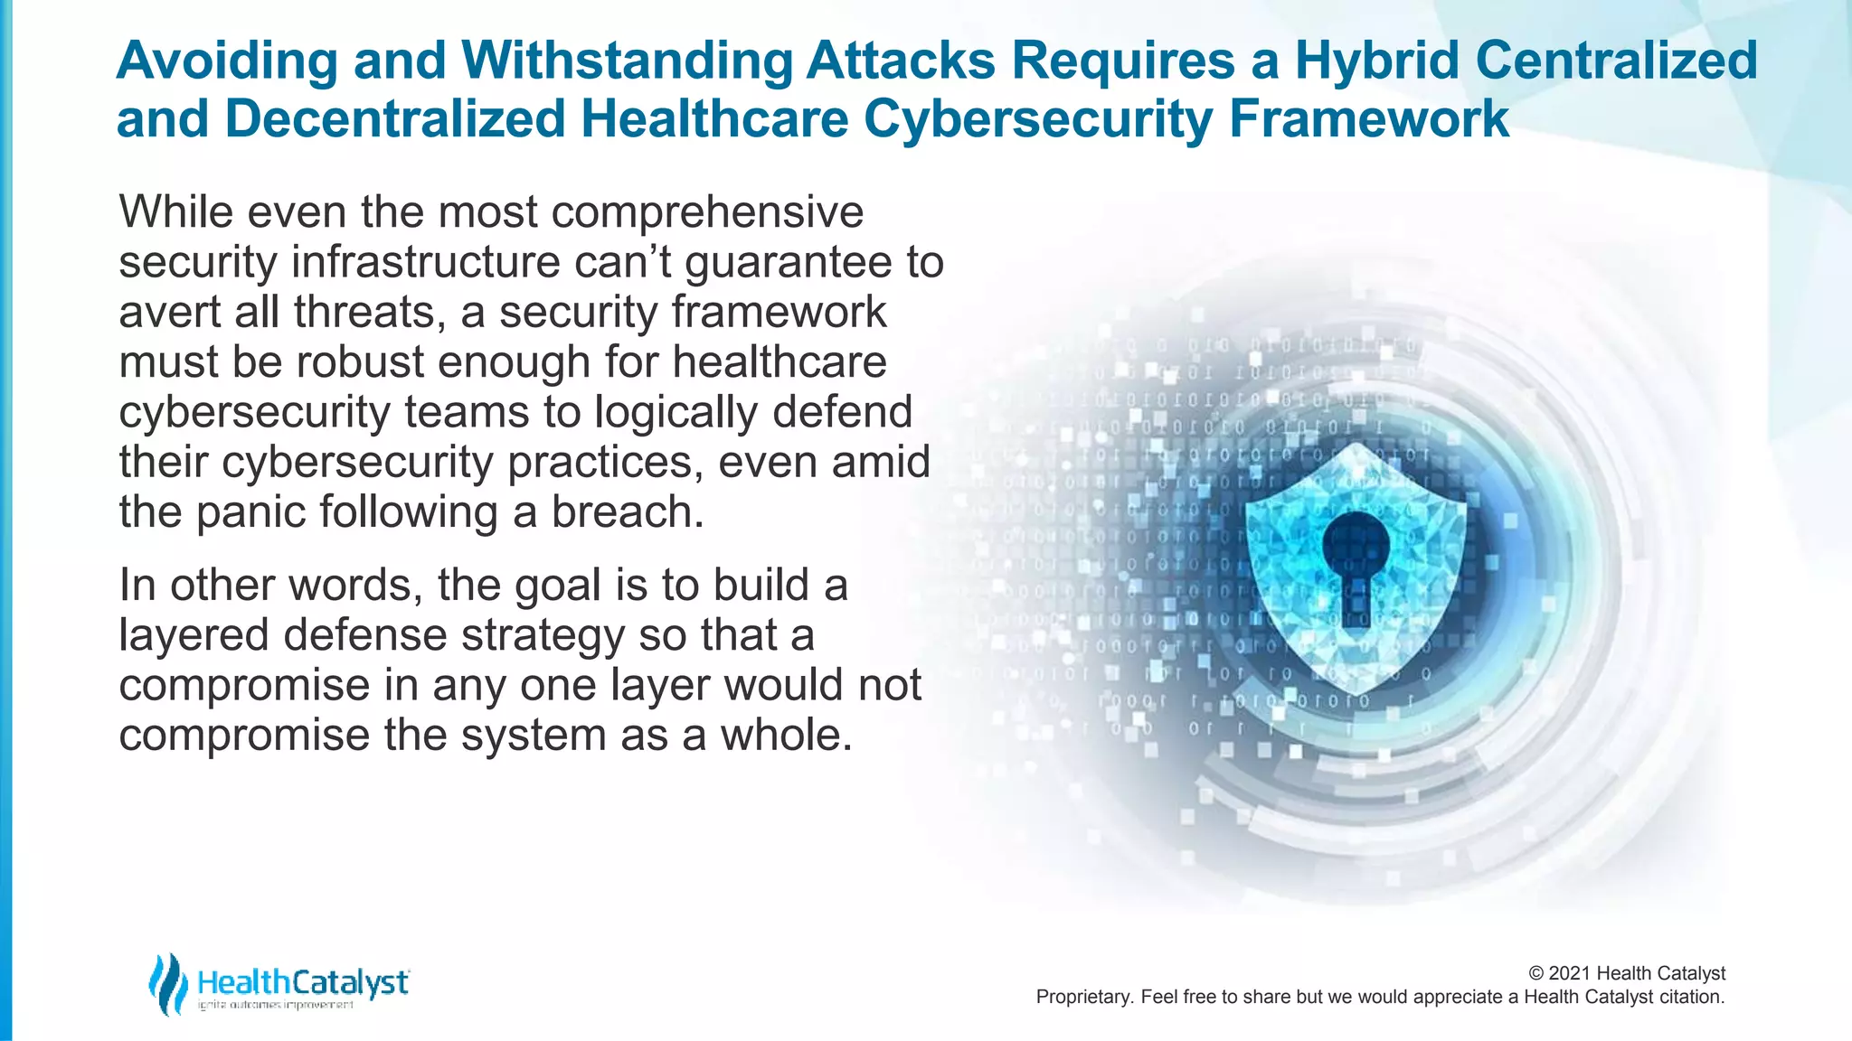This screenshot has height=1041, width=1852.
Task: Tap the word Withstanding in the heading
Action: click(627, 61)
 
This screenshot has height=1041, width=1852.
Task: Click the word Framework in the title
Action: click(1369, 119)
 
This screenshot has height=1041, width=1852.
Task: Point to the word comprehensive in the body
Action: click(707, 213)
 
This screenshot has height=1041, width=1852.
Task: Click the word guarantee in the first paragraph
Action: click(789, 263)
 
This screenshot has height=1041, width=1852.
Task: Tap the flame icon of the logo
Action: click(167, 983)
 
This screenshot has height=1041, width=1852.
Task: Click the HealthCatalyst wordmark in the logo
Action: click(303, 981)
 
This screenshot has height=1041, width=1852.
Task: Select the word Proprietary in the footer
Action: click(1082, 997)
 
